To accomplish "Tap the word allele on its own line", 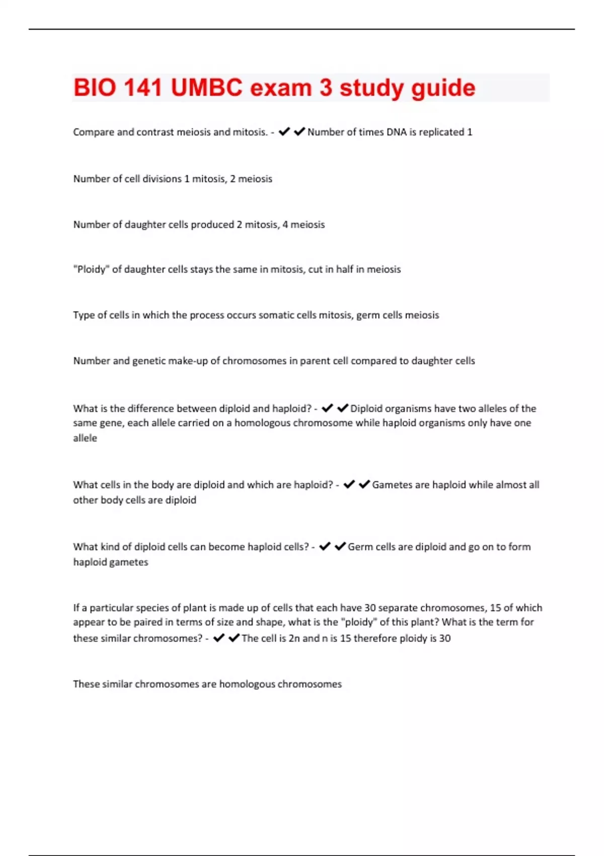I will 85,438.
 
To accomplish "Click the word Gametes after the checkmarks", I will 392,485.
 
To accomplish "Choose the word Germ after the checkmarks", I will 359,547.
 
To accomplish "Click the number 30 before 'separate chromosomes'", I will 370,608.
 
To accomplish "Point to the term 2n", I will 294,638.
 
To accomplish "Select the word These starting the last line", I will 86,684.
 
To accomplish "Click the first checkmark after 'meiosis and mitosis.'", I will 284,131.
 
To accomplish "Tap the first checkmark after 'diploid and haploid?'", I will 327,408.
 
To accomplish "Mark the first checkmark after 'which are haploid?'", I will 349,484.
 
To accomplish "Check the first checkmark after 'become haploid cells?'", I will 325,546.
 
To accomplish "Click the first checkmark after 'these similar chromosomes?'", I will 219,638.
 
